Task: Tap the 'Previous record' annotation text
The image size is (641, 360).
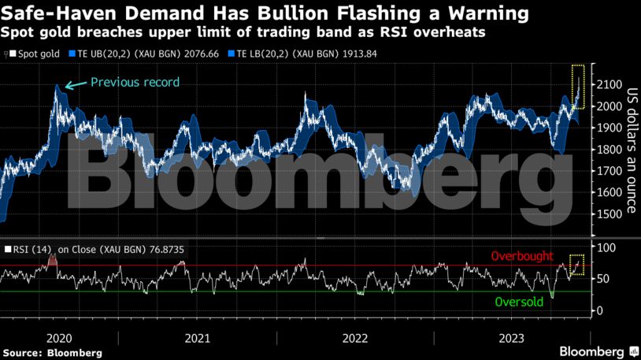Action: [135, 82]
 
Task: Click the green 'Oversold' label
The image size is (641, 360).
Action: [519, 302]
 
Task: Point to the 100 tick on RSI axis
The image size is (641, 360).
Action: [607, 247]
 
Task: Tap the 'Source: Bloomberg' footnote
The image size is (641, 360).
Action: [52, 352]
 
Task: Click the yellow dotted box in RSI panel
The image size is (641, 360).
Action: [577, 264]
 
